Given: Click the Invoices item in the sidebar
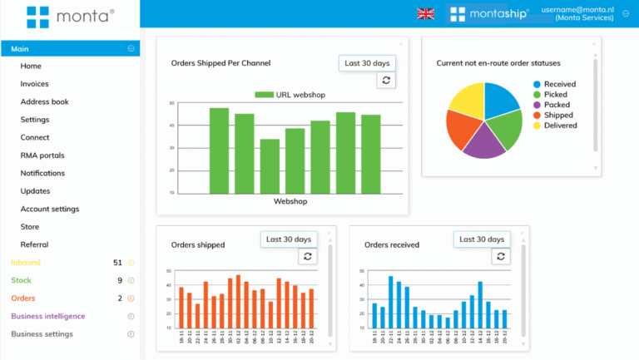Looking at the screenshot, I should coord(34,84).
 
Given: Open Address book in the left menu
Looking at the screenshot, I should coord(44,101).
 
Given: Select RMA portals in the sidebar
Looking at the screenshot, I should coord(42,155).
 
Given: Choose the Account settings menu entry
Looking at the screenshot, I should coord(49,209).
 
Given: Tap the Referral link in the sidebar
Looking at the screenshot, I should coord(34,244).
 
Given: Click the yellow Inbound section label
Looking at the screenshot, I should coord(25,263).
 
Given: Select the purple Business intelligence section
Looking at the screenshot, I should coord(47,316).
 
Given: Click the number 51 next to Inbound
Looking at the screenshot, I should coord(117,263).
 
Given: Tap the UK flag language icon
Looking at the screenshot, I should coord(425,14).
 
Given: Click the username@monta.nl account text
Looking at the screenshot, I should coord(577,9).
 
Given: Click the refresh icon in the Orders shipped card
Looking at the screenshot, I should coord(307,257).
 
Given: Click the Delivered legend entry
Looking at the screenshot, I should coord(560,126).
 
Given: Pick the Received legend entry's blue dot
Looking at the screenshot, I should coord(537,84).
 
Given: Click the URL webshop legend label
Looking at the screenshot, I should coord(300,95).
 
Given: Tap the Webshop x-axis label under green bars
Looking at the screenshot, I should coord(290,202).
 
